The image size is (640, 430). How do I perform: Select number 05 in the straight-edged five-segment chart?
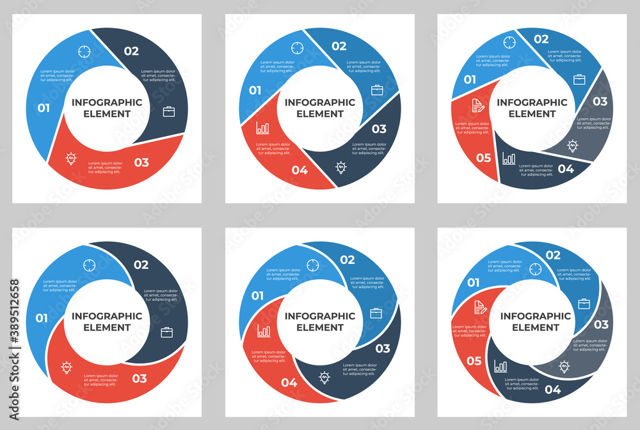click(483, 157)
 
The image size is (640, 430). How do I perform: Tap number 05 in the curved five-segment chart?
click(474, 361)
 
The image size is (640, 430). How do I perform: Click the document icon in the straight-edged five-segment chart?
click(477, 105)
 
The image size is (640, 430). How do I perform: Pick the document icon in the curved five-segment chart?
click(480, 307)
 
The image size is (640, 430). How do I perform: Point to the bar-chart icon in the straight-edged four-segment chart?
click(262, 128)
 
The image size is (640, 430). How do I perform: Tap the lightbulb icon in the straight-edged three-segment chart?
click(71, 158)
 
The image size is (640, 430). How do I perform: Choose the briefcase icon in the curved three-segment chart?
click(166, 332)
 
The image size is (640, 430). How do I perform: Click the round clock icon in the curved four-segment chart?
click(313, 265)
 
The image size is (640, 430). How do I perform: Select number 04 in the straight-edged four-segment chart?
click(300, 170)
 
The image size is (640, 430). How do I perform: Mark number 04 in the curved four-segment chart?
click(289, 383)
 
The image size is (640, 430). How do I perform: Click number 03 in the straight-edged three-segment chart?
click(141, 162)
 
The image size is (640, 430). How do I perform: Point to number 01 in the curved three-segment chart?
click(42, 318)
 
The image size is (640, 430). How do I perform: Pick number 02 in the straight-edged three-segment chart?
click(131, 51)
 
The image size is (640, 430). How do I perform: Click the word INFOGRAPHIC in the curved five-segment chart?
click(536, 316)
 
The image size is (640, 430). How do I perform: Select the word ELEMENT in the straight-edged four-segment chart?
click(320, 114)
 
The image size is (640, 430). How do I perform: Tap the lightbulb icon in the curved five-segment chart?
click(564, 367)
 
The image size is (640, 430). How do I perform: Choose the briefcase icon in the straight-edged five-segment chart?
click(579, 80)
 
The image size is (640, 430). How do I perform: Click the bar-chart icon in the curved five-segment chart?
click(500, 366)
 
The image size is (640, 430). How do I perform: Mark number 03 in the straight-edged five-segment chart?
click(600, 101)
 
